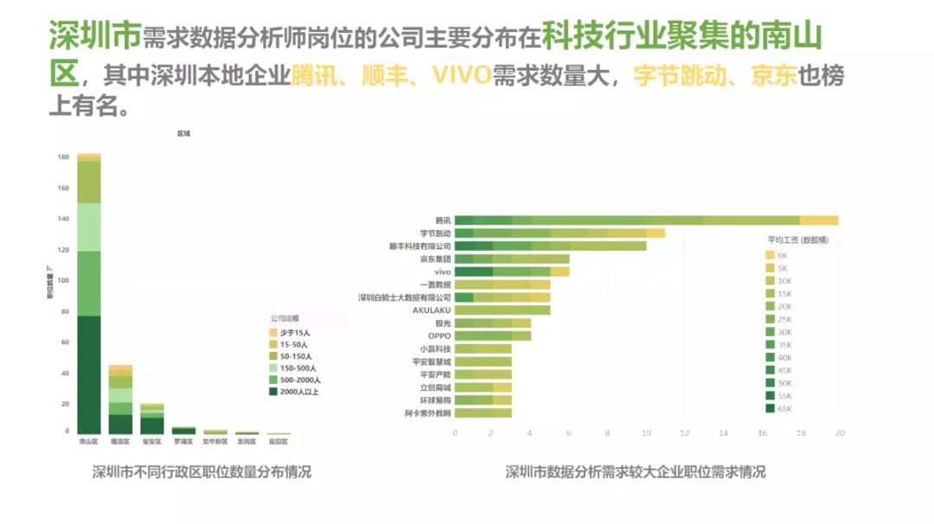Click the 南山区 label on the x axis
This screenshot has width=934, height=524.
tap(89, 442)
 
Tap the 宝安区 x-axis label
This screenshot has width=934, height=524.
tap(152, 442)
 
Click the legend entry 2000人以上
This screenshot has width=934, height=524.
tap(294, 392)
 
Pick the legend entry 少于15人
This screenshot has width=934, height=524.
tap(290, 332)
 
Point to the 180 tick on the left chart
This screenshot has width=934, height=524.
tap(63, 157)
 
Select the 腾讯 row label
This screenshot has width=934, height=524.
tap(442, 220)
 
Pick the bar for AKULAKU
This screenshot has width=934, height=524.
tap(502, 310)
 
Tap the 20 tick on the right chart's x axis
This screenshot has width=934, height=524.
tap(839, 433)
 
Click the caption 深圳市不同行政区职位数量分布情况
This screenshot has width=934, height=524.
tap(202, 472)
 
